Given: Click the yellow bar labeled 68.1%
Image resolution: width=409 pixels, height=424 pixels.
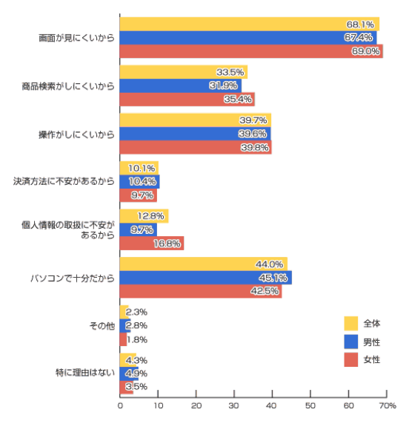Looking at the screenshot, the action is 250,24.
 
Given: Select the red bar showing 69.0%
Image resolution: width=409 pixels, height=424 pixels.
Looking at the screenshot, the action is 251,51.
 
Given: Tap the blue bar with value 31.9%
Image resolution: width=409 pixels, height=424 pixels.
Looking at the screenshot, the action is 181,85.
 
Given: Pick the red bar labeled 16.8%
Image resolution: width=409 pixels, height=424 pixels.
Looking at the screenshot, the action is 152,243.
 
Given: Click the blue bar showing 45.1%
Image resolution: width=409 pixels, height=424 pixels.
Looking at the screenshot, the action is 206,278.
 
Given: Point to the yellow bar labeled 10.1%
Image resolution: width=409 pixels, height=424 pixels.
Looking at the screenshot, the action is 139,168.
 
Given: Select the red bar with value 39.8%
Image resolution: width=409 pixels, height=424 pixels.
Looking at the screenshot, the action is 196,147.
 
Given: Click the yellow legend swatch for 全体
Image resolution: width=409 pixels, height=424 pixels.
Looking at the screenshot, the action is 351,324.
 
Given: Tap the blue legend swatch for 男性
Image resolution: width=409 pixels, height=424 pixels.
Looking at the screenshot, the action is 351,342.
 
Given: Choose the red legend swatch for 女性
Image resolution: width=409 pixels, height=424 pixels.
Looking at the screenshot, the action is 351,359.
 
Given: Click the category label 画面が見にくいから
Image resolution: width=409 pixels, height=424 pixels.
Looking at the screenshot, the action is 76,38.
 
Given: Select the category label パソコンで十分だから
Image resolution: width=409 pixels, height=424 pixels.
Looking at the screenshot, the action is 73,278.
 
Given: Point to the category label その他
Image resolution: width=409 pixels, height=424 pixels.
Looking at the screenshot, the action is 102,326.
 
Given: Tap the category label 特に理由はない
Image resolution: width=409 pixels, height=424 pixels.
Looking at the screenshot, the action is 85,373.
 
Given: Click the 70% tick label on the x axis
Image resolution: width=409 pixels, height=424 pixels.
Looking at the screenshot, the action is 388,405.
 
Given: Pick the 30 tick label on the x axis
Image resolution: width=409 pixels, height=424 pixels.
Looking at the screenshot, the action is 234,405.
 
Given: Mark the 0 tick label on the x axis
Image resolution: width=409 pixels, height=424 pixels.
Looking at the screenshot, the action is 120,405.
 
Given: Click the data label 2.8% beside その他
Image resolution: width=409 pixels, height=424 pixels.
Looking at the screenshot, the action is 136,325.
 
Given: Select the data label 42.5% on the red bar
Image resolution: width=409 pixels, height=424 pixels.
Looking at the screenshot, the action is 265,291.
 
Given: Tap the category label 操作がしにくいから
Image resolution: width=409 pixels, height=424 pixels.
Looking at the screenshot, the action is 76,134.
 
